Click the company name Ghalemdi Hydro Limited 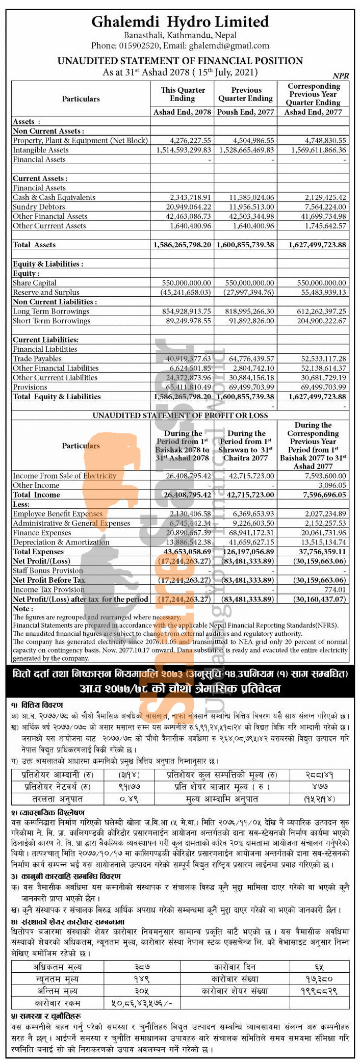click(x=180, y=22)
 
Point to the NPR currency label click(x=341, y=75)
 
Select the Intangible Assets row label click(x=41, y=150)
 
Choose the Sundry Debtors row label click(x=39, y=207)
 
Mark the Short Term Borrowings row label click(x=52, y=321)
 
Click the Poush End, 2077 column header click(x=246, y=112)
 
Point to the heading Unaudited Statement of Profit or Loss click(x=180, y=416)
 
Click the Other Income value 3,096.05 click(x=330, y=485)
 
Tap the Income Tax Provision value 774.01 click(x=335, y=589)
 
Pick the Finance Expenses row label click(x=42, y=533)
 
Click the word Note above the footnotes click(x=22, y=609)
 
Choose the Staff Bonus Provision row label click(x=48, y=571)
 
